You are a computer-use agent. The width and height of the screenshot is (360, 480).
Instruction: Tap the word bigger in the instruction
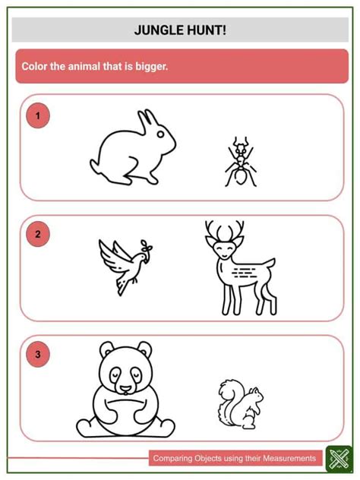(x=149, y=67)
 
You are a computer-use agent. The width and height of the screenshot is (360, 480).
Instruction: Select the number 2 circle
(x=37, y=235)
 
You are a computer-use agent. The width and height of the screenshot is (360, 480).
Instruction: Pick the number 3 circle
(x=37, y=354)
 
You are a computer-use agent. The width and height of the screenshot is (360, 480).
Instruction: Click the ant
(x=240, y=163)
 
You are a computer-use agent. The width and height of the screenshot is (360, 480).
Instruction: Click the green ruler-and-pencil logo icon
(x=336, y=458)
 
